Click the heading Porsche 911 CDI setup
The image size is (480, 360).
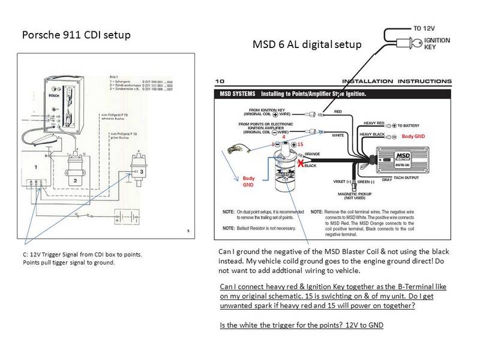(x=76, y=34)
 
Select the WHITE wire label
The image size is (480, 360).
(x=338, y=135)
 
